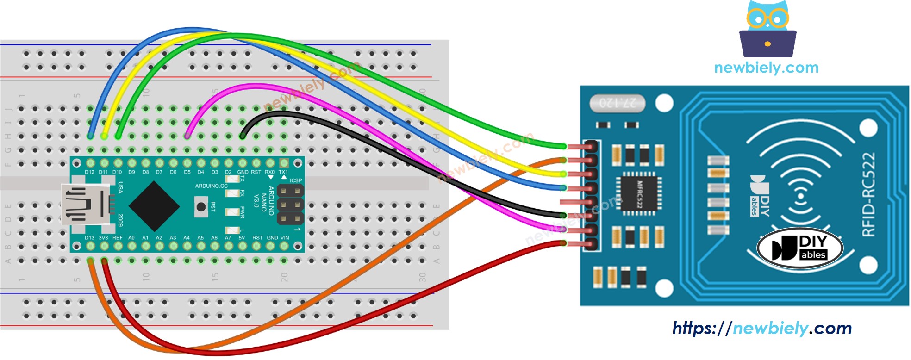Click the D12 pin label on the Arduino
(x=89, y=172)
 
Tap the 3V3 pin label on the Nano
(x=103, y=238)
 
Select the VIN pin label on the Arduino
(x=285, y=238)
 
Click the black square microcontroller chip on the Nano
(x=154, y=206)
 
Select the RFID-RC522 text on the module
(x=868, y=194)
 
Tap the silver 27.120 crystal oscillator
(x=618, y=103)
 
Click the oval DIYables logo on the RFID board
(x=799, y=248)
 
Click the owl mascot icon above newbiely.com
(x=767, y=29)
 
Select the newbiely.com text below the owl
(x=766, y=68)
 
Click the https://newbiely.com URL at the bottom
(x=761, y=329)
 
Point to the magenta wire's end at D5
(x=187, y=136)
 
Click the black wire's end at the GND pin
(x=243, y=136)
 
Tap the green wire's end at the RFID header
(x=563, y=146)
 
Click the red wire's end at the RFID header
(x=563, y=243)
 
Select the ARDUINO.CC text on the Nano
(x=211, y=186)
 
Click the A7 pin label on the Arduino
(x=228, y=238)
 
